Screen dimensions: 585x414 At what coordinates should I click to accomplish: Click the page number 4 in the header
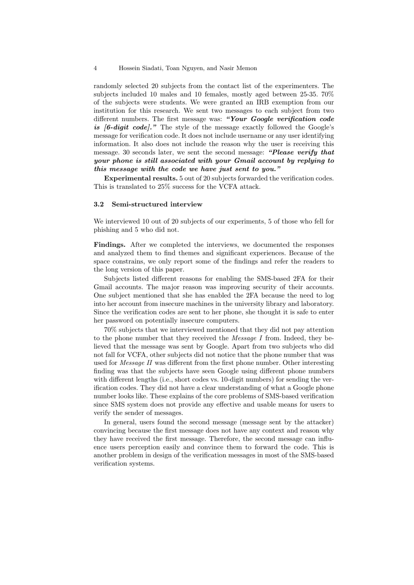click(x=95, y=68)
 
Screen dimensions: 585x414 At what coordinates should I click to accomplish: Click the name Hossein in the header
click(x=130, y=68)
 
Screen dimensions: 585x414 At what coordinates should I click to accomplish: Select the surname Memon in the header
click(x=247, y=68)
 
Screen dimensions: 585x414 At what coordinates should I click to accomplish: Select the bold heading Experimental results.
click(x=140, y=178)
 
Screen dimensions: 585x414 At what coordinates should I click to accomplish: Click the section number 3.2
click(x=98, y=204)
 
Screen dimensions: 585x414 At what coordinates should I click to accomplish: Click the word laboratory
click(x=317, y=304)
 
